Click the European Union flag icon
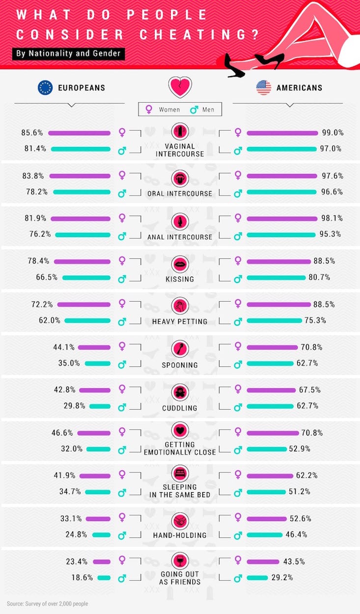[45, 88]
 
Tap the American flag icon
[264, 88]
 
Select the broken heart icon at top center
[180, 87]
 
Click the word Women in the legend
[169, 110]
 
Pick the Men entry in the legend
[208, 110]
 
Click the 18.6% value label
[82, 578]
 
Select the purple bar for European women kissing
[83, 262]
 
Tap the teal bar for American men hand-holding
[265, 534]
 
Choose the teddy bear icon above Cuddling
[180, 391]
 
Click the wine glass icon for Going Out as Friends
[180, 560]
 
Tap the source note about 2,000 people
[48, 604]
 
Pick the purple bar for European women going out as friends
[102, 561]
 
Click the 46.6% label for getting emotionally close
[62, 433]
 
